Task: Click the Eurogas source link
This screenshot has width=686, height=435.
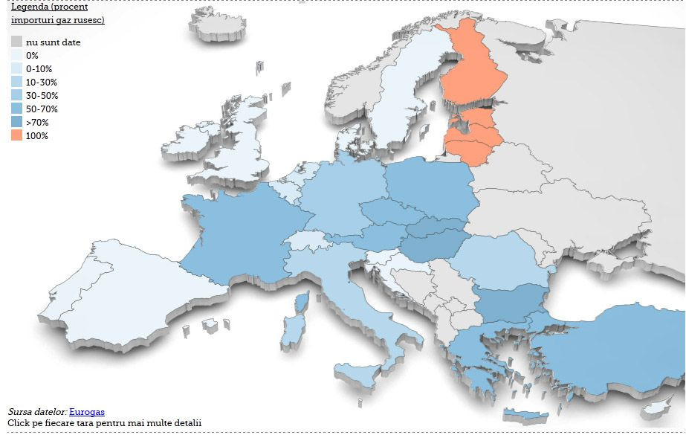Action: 86,411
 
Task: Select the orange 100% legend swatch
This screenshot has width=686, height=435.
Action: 16,135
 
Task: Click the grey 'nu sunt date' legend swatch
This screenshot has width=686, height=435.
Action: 16,42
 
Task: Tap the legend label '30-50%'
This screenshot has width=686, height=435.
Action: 42,95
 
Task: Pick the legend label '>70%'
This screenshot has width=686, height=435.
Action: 37,122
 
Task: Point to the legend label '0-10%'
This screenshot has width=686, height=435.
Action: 39,68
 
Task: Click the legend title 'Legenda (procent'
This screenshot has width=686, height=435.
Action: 49,7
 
